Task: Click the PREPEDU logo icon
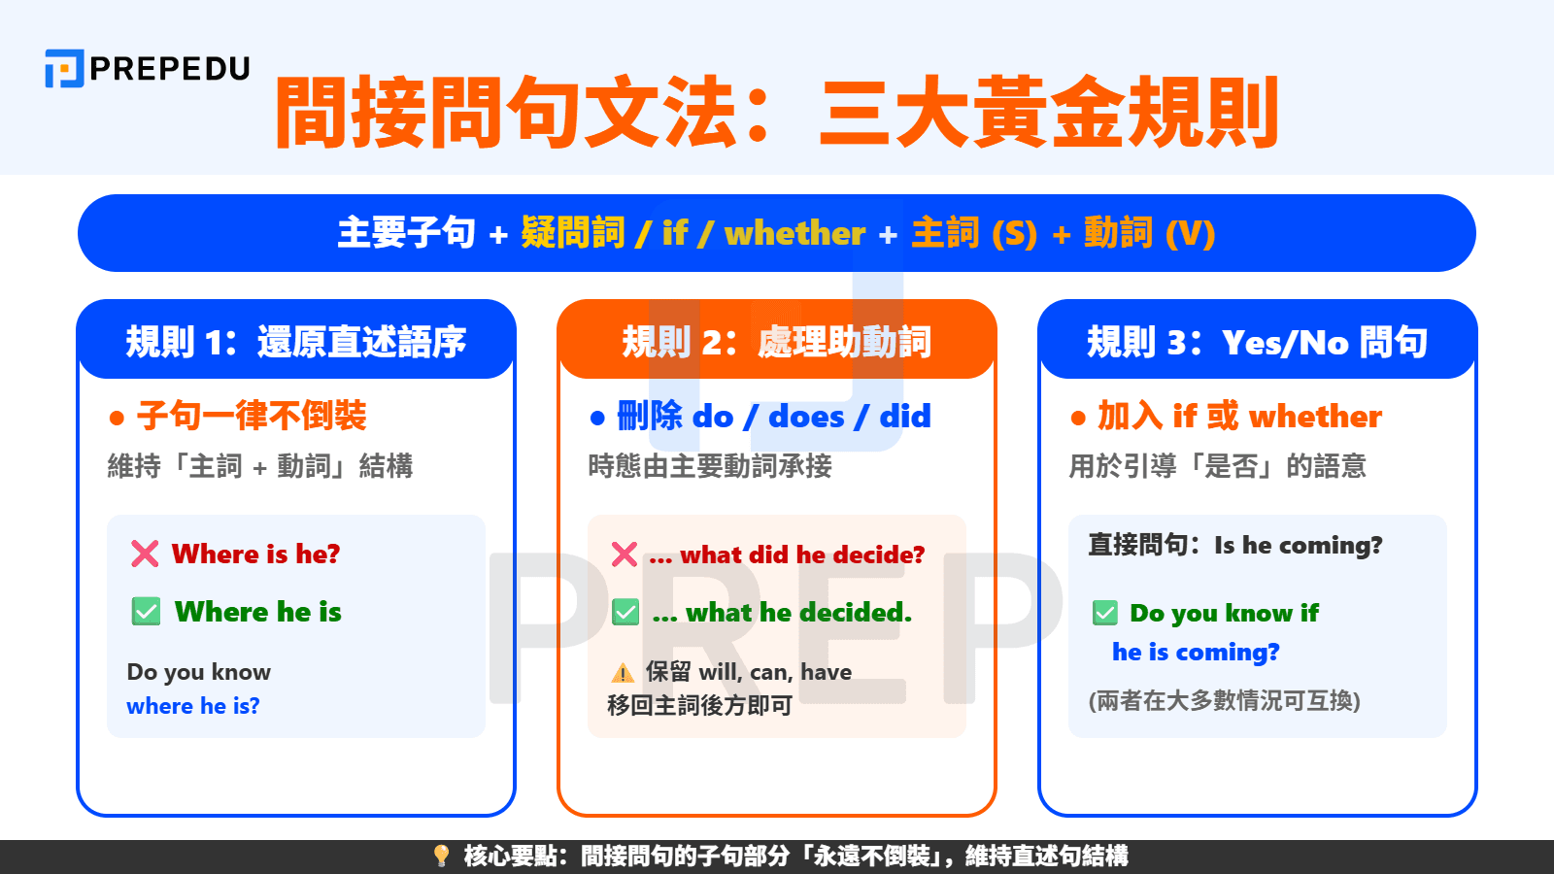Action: click(x=64, y=69)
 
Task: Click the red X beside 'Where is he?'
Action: click(x=145, y=554)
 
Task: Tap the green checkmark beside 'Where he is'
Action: click(x=146, y=612)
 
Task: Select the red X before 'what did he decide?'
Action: click(x=625, y=555)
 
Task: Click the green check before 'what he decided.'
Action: click(x=625, y=613)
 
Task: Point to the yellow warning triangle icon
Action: click(x=623, y=673)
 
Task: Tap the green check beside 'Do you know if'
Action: click(x=1105, y=613)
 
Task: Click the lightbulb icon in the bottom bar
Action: click(x=441, y=856)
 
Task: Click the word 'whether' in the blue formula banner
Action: click(x=794, y=234)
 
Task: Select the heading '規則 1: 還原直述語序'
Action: click(x=295, y=342)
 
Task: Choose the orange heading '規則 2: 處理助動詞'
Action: click(x=776, y=342)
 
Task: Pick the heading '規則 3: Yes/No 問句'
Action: click(x=1257, y=342)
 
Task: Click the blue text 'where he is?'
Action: click(x=193, y=706)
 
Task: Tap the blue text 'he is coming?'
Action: click(x=1196, y=652)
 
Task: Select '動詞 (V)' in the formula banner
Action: click(x=1149, y=234)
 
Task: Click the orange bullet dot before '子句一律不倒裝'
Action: click(x=118, y=419)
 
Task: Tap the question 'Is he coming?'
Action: click(x=1298, y=545)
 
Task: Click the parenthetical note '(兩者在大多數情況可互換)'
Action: click(x=1224, y=700)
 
